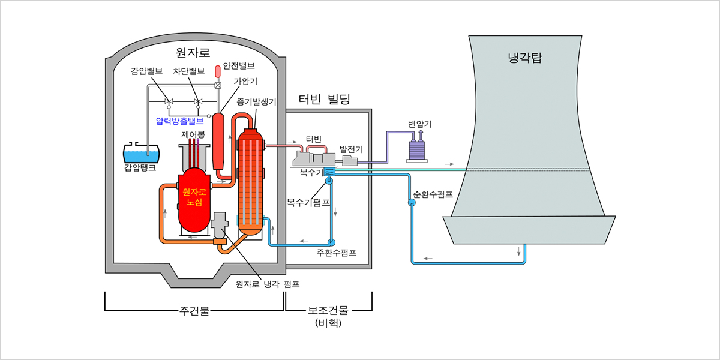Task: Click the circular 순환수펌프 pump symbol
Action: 412,203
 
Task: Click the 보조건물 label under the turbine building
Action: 328,310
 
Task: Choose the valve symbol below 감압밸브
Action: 169,101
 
